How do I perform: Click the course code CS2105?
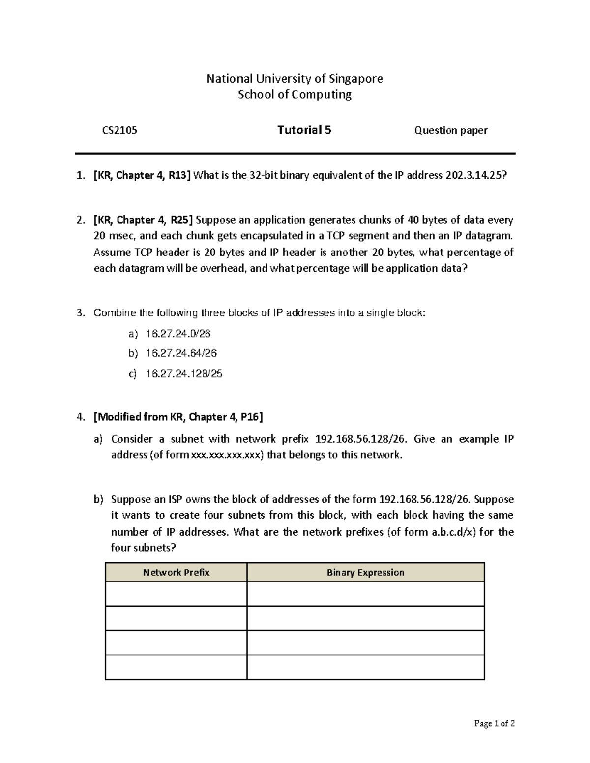point(119,130)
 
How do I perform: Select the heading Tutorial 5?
point(304,130)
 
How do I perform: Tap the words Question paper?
point(451,130)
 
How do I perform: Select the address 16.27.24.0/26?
point(178,334)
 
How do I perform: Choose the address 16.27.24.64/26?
point(181,353)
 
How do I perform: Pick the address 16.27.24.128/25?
point(184,374)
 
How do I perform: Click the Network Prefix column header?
point(176,572)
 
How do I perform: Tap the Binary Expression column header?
point(365,572)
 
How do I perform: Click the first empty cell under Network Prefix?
point(176,594)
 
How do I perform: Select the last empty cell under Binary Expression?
point(365,667)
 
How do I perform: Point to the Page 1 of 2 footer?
point(494,723)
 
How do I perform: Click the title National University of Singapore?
point(295,79)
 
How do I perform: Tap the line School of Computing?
point(295,94)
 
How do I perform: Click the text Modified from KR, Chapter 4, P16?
point(178,417)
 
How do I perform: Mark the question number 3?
point(80,313)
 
